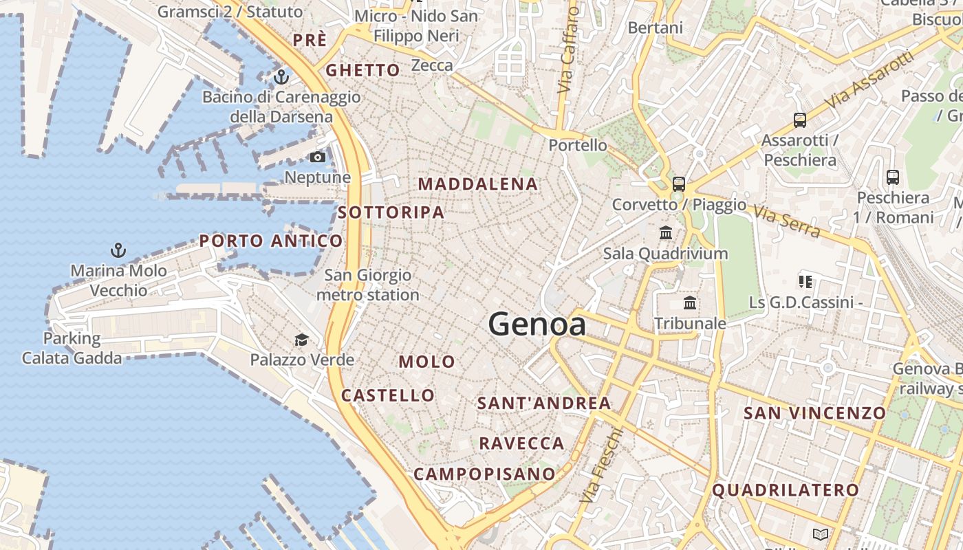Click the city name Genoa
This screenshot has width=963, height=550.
[537, 324]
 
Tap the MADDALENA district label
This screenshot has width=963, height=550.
[478, 184]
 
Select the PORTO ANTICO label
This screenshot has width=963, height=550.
[271, 241]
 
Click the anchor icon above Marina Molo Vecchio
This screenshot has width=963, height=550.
[118, 250]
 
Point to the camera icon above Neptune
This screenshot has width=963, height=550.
[317, 157]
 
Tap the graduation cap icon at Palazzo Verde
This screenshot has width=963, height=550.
[301, 340]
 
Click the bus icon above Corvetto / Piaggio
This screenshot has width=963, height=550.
[678, 184]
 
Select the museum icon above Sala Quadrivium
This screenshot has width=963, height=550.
[665, 233]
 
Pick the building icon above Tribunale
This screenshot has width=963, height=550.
[689, 303]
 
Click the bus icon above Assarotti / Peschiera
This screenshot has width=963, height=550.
[799, 120]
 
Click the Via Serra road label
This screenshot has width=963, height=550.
[788, 220]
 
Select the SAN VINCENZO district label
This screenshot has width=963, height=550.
[815, 413]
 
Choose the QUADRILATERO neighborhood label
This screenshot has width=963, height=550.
[786, 490]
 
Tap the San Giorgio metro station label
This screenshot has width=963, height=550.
[368, 285]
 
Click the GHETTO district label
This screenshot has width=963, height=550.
[363, 70]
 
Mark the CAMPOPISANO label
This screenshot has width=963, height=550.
[484, 474]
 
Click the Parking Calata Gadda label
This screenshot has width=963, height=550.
[72, 349]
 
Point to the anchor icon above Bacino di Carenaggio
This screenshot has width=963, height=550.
[281, 77]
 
